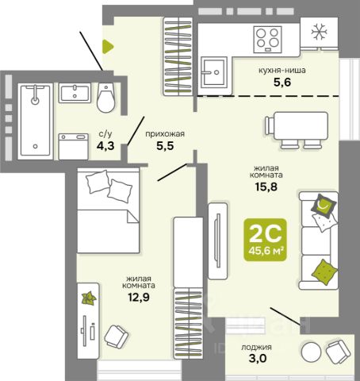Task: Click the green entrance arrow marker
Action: click(x=108, y=47)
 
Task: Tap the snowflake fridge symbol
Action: click(x=319, y=33)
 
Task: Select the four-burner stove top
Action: click(x=267, y=40)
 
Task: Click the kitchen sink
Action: click(x=214, y=72)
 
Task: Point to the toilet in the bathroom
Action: click(x=105, y=98)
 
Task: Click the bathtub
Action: click(x=36, y=121)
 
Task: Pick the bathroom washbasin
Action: click(x=75, y=93)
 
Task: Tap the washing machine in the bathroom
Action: click(x=74, y=147)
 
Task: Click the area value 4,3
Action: click(x=105, y=145)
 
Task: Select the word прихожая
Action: click(x=165, y=134)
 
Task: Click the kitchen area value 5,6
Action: click(x=282, y=83)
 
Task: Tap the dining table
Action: click(x=301, y=125)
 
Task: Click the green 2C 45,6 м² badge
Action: click(x=265, y=240)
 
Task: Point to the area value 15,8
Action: click(x=266, y=187)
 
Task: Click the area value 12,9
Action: click(x=139, y=298)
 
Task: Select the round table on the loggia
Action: click(x=312, y=352)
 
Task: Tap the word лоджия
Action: click(x=256, y=347)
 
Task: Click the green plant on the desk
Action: click(x=89, y=298)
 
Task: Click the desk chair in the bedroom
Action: click(x=117, y=337)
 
